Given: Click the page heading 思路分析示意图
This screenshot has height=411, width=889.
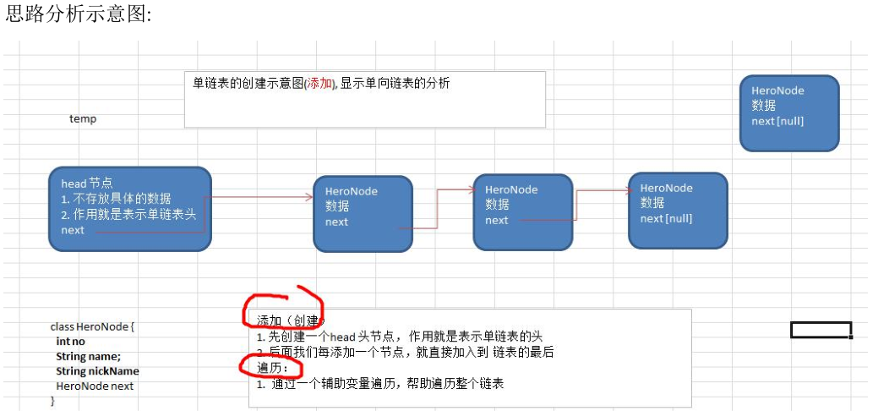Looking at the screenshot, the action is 78,15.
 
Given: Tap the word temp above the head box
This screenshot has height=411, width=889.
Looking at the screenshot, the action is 83,119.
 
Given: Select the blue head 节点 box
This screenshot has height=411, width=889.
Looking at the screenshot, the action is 129,208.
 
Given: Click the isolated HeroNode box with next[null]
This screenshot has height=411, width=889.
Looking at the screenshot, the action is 788,113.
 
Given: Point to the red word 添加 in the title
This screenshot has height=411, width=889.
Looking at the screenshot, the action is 320,83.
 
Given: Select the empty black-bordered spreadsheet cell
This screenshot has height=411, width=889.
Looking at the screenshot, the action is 820,330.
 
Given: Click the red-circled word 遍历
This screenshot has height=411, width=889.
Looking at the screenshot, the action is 272,368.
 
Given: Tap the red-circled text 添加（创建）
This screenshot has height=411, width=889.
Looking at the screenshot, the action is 288,321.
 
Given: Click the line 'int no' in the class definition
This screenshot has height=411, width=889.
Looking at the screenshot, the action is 70,341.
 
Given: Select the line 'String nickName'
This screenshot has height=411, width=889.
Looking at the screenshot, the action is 97,371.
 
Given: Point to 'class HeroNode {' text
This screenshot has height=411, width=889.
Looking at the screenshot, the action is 92,326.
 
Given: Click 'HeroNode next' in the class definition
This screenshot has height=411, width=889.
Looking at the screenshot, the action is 95,386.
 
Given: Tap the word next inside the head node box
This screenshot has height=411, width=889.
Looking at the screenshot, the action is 73,230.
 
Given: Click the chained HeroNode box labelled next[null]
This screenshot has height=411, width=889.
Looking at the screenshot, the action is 677,210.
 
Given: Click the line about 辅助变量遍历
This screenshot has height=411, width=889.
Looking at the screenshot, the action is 380,384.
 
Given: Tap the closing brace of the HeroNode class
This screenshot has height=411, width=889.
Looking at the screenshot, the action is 53,401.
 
